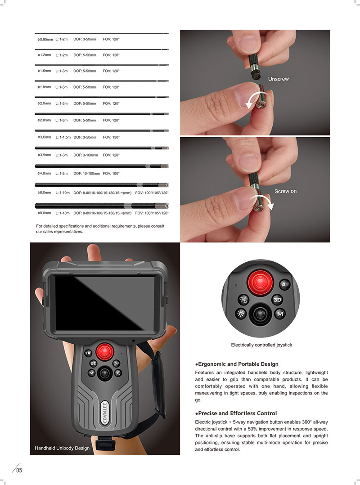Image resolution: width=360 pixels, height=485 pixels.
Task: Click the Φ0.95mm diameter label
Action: [45, 40]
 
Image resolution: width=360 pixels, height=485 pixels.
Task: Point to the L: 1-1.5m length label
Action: [63, 137]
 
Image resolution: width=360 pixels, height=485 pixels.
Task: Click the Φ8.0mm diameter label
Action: [44, 213]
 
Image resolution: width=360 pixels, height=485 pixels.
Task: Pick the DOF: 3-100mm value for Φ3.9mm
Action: [85, 155]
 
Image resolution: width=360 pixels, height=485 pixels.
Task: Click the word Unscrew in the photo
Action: [278, 79]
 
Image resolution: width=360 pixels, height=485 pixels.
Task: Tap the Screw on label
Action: [285, 192]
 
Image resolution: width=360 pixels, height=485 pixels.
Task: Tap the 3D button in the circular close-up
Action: [277, 300]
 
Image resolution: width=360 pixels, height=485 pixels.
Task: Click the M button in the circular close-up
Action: [279, 314]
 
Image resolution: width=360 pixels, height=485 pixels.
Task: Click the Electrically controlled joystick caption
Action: [261, 345]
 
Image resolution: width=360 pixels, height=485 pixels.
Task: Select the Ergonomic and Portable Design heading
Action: [237, 364]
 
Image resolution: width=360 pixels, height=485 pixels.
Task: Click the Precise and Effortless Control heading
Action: [236, 413]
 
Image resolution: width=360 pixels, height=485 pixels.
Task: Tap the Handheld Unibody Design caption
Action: [62, 448]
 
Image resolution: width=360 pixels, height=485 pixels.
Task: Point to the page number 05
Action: [19, 471]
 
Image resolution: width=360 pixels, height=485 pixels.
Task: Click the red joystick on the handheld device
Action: [104, 350]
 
